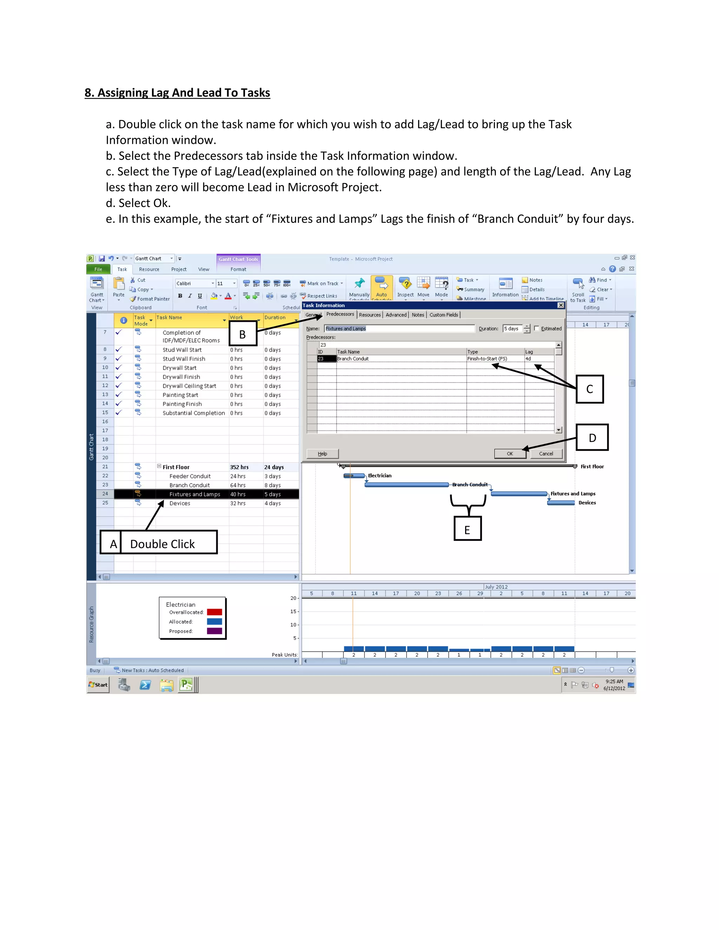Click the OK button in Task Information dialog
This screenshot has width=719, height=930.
[x=510, y=453]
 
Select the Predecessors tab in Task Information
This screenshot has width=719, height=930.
[x=340, y=314]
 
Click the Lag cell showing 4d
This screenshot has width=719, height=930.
[x=539, y=359]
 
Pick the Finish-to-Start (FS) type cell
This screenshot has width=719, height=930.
[x=494, y=359]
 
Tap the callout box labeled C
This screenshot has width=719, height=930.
[x=589, y=389]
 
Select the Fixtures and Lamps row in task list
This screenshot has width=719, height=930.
[x=194, y=494]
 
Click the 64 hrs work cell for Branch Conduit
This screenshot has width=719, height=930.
[x=238, y=485]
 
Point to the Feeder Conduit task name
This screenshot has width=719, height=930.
[x=190, y=476]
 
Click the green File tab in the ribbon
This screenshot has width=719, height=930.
[x=98, y=269]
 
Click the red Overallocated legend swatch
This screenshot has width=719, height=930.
[x=214, y=612]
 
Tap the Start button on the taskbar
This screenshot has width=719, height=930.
[x=98, y=685]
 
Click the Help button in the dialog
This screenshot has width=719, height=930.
[x=322, y=453]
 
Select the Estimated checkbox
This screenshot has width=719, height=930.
[x=537, y=328]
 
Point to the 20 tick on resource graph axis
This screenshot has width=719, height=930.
[x=293, y=598]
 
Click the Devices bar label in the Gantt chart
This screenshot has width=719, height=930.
[x=587, y=503]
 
